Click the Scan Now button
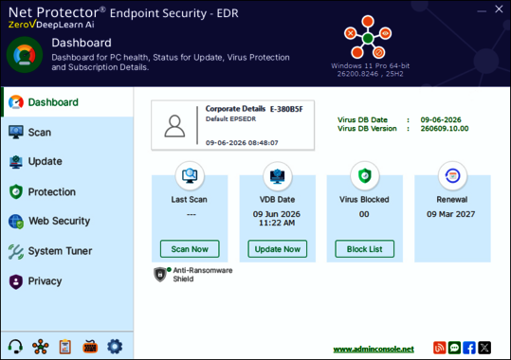point(190,249)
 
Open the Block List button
point(364,249)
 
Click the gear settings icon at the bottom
point(115,347)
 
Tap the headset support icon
point(15,347)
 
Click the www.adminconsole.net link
point(374,350)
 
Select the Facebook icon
point(469,348)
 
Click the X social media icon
point(484,348)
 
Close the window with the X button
point(499,9)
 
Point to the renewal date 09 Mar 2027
point(450,214)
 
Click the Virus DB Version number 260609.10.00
point(445,128)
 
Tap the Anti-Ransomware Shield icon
point(160,275)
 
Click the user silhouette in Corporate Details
point(174,126)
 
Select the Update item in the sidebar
point(35,162)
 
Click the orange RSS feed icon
point(439,348)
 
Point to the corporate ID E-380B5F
point(286,109)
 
